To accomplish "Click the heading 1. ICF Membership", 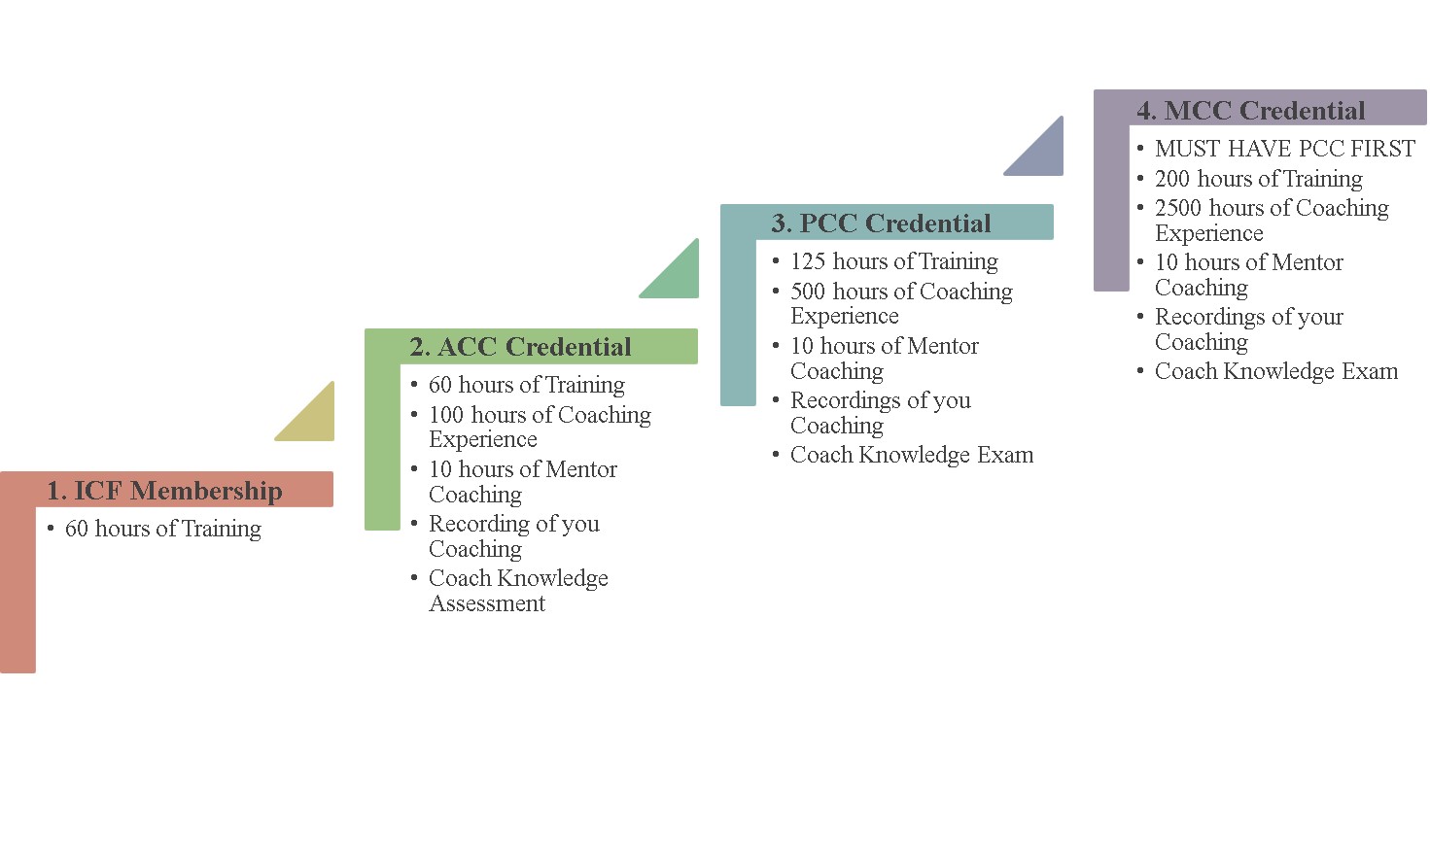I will click(x=164, y=491).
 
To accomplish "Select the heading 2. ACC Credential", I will click(x=520, y=347).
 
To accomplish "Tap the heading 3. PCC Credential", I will click(x=881, y=223).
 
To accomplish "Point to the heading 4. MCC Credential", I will click(x=1250, y=111).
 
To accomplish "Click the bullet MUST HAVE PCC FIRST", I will click(x=1284, y=149).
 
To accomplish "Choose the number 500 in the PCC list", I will click(x=808, y=292).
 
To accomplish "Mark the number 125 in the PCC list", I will click(x=808, y=261).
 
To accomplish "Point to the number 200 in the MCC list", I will click(x=1172, y=179).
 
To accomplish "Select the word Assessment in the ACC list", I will click(x=487, y=603).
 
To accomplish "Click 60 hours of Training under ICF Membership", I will click(x=162, y=529).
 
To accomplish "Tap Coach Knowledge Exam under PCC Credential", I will click(x=911, y=455).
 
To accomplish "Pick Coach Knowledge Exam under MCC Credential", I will click(x=1275, y=371).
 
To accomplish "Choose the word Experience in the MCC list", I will click(x=1208, y=233).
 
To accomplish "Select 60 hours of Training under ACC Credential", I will click(x=526, y=385).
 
